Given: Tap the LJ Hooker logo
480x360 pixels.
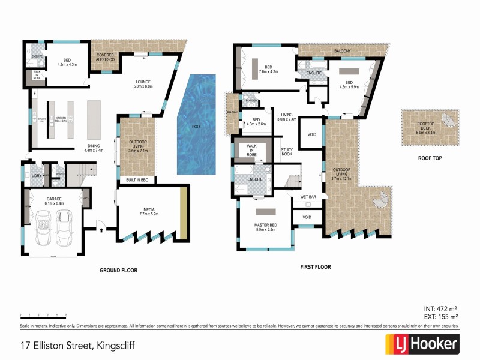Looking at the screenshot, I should pyautogui.click(x=422, y=344).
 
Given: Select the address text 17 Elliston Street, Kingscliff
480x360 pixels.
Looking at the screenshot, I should pyautogui.click(x=77, y=346).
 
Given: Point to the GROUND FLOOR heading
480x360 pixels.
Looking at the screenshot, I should pyautogui.click(x=118, y=271).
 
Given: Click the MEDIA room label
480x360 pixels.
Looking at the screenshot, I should pyautogui.click(x=148, y=211).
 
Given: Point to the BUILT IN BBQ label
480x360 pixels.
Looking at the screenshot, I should pyautogui.click(x=137, y=180).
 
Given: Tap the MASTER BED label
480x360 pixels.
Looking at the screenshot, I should pyautogui.click(x=264, y=227).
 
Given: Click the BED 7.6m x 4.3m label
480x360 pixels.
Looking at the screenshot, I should pyautogui.click(x=268, y=69).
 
